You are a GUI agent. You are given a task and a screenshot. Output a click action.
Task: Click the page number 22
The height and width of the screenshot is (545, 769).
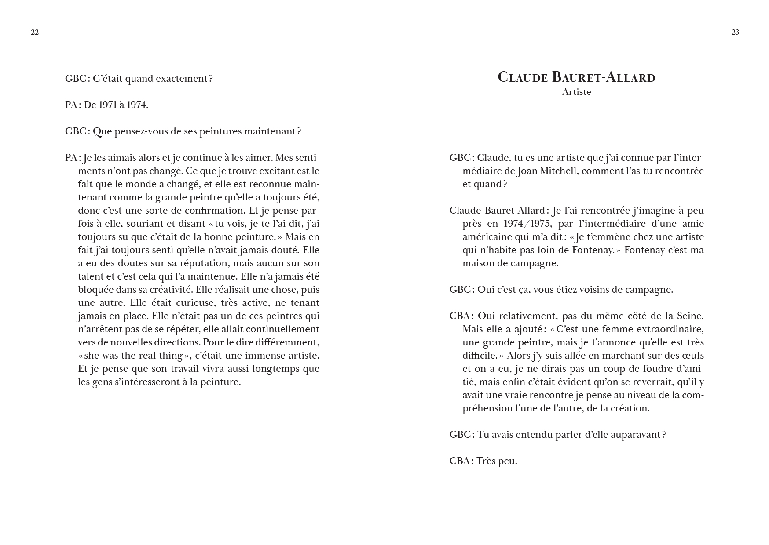click(35, 32)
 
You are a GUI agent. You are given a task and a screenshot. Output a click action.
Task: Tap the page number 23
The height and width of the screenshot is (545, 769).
click(735, 32)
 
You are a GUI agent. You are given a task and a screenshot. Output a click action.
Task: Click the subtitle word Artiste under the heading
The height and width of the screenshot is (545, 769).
click(576, 92)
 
